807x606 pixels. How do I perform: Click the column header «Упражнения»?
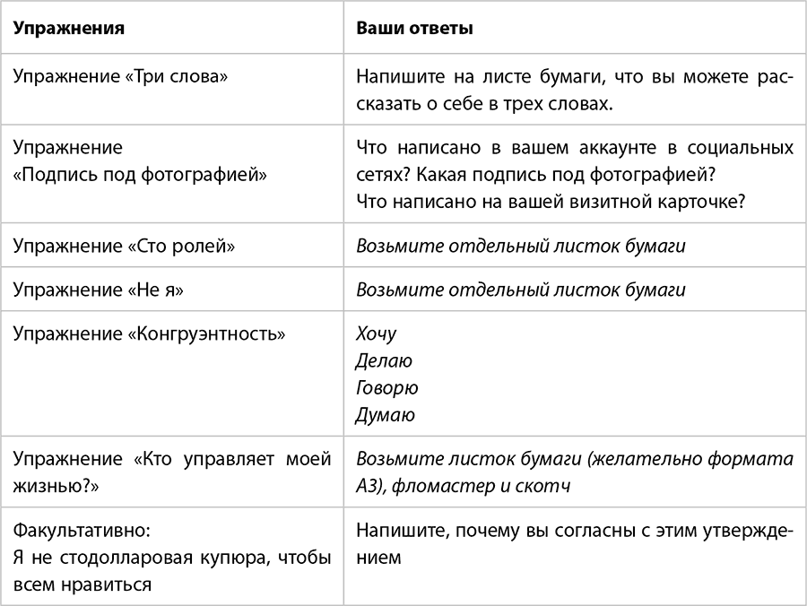pyautogui.click(x=68, y=28)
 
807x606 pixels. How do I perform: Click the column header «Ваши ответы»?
pyautogui.click(x=414, y=28)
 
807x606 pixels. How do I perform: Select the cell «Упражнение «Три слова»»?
pyautogui.click(x=120, y=76)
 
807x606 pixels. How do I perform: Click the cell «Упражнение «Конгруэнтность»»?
pyautogui.click(x=150, y=334)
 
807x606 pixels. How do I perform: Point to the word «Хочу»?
pyautogui.click(x=376, y=334)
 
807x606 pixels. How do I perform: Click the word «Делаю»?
pyautogui.click(x=384, y=361)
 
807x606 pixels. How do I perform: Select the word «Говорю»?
pyautogui.click(x=386, y=388)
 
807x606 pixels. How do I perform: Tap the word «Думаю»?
pyautogui.click(x=386, y=415)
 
